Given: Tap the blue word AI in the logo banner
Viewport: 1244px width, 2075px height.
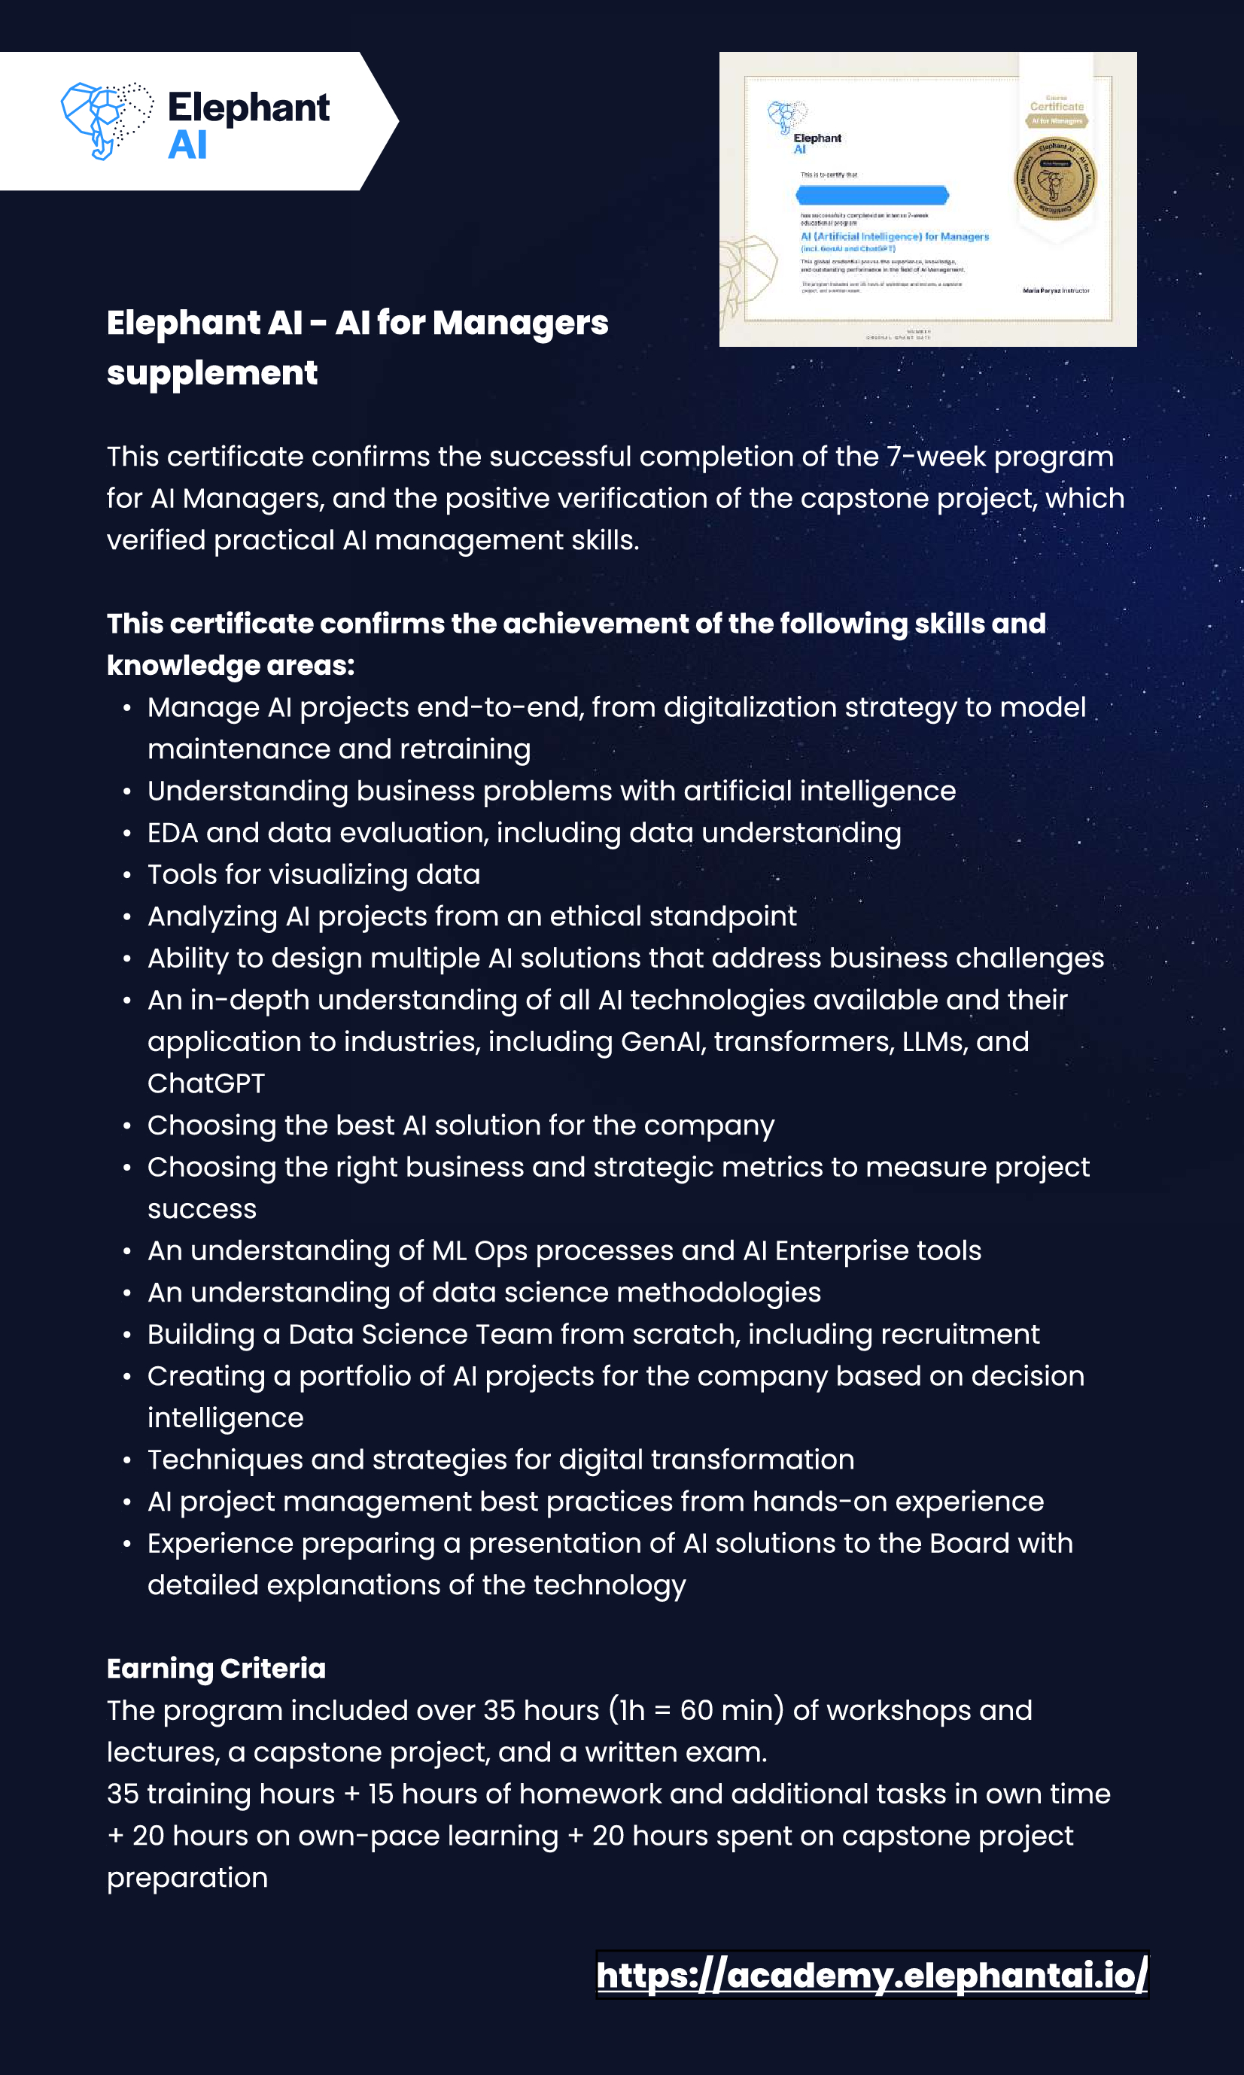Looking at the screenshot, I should (187, 145).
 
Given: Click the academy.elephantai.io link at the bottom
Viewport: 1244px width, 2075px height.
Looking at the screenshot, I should (871, 1975).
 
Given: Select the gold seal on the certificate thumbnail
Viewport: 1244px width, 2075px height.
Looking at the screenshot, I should (1055, 178).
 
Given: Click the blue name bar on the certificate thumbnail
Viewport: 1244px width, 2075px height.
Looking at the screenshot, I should (871, 196).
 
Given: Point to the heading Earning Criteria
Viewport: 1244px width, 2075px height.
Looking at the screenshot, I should (216, 1668).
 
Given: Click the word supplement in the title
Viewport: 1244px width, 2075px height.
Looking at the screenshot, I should (212, 373).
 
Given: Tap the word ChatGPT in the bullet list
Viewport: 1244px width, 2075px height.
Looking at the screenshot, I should (206, 1083).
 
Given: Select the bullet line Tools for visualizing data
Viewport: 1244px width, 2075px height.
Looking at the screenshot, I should (314, 874).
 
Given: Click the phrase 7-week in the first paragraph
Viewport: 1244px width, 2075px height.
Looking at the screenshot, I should (935, 457).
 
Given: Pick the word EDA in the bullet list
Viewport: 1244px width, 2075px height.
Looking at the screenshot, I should (172, 832).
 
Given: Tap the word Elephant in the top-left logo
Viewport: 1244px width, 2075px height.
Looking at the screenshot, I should (248, 108).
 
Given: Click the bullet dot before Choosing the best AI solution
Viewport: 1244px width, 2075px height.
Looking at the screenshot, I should (126, 1126).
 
